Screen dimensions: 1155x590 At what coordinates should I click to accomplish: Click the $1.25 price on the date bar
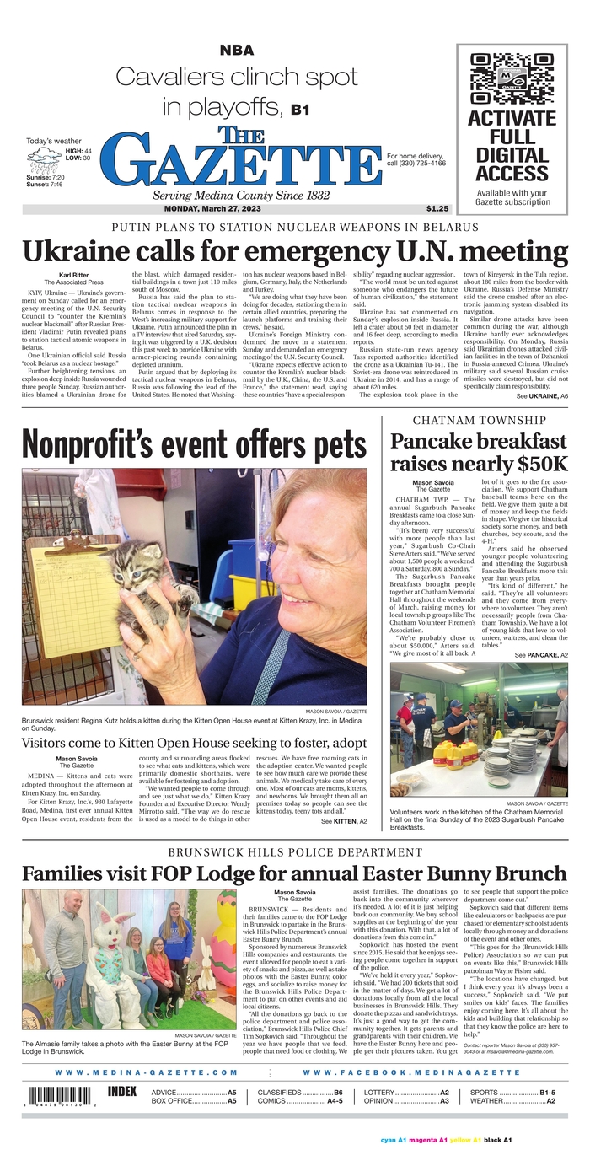(437, 209)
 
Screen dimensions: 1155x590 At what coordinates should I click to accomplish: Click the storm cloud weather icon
(44, 157)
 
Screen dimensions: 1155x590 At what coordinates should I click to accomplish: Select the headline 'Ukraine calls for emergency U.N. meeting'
(295, 252)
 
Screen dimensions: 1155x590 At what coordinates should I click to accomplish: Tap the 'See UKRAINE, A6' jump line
(542, 395)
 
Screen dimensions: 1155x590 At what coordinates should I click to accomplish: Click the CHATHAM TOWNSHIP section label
(480, 420)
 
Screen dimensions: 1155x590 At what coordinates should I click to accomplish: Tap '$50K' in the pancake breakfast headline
(537, 464)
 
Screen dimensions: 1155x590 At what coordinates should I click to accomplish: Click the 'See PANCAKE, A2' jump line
(541, 654)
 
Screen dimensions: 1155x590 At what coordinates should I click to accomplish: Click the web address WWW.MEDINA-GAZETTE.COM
(147, 1072)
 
